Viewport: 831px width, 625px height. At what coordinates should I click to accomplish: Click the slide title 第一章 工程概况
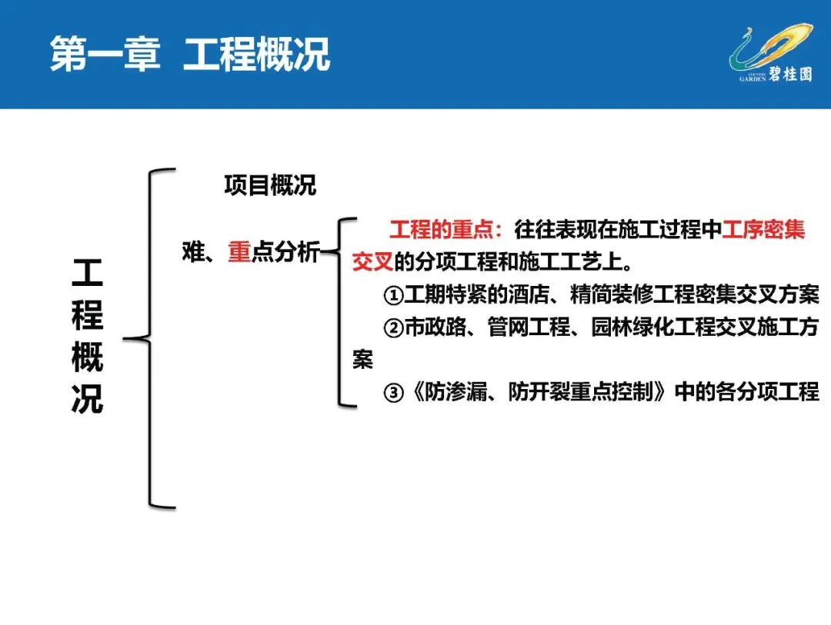(x=190, y=55)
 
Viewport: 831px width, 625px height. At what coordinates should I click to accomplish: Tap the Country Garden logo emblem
(x=769, y=48)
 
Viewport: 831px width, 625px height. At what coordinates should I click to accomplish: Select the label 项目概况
(x=270, y=185)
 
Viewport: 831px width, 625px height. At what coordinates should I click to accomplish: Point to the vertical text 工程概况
(x=87, y=336)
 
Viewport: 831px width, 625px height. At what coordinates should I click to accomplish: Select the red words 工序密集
(x=763, y=230)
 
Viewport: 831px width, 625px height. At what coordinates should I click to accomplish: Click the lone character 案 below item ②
(x=363, y=360)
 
